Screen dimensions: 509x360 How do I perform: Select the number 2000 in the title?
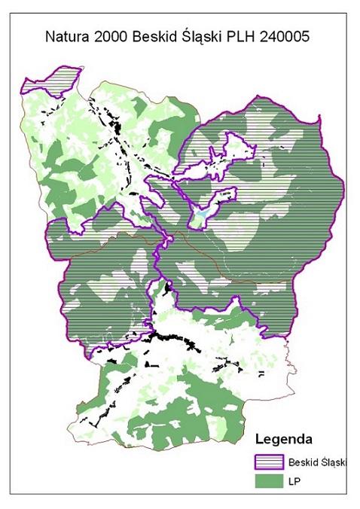tap(114, 35)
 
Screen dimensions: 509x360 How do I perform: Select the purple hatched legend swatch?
tap(269, 462)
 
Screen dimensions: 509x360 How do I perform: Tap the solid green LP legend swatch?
tap(269, 481)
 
